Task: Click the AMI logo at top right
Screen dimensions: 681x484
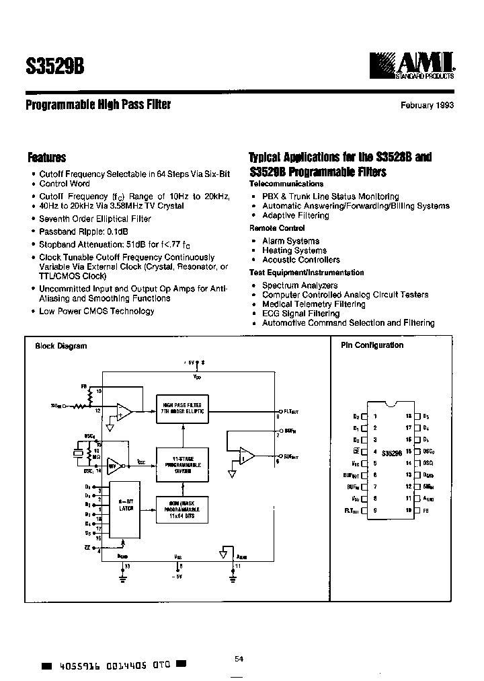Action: point(411,66)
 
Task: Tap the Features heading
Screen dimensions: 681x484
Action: point(46,157)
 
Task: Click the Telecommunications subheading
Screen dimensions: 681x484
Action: point(286,184)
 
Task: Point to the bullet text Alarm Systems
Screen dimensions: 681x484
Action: point(290,241)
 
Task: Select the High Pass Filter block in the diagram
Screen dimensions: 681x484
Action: point(183,406)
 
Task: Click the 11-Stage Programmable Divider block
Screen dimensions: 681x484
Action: point(183,464)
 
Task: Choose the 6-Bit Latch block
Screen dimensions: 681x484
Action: point(126,505)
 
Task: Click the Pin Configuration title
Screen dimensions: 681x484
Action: point(372,345)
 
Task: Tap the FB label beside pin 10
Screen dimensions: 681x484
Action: point(428,511)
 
